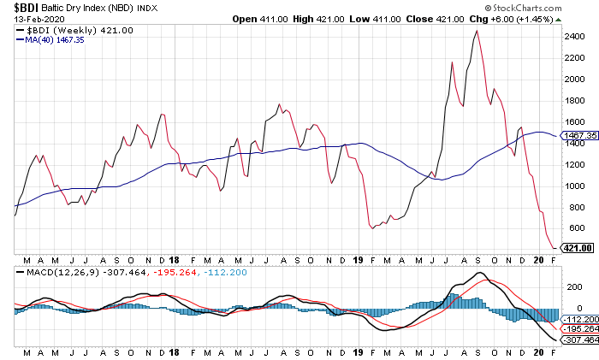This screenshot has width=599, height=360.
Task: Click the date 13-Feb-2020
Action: (x=34, y=19)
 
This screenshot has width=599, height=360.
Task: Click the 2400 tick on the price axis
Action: (x=573, y=36)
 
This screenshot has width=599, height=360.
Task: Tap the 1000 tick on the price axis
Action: (x=573, y=186)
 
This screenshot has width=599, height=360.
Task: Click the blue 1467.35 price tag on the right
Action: (x=579, y=135)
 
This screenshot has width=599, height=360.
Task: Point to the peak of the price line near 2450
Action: (x=476, y=31)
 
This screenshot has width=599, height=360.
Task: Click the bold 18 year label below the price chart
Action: (x=174, y=259)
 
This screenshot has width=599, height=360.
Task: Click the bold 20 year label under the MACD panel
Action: (x=538, y=351)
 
